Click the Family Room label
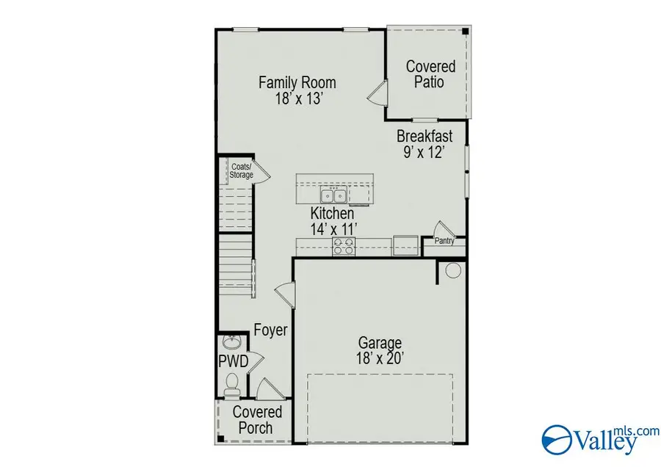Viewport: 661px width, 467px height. [x=297, y=82]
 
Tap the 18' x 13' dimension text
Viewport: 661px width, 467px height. [x=297, y=99]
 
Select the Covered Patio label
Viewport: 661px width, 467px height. [x=430, y=74]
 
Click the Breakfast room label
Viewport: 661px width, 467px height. [x=425, y=136]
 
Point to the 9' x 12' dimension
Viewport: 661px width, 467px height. [x=425, y=153]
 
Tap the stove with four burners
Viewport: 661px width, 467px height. [x=342, y=246]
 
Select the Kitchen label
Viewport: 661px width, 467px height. [x=332, y=213]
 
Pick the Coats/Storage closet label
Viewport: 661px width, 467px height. [x=240, y=171]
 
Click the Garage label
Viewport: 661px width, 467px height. [x=380, y=343]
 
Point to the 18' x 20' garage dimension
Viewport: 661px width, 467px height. [x=380, y=360]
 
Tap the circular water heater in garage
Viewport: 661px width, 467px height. [x=452, y=270]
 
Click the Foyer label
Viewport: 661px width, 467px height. [x=270, y=330]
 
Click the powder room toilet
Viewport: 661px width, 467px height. [x=233, y=383]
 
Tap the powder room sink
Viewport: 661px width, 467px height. [x=231, y=343]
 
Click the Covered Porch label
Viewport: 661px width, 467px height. [x=257, y=420]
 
